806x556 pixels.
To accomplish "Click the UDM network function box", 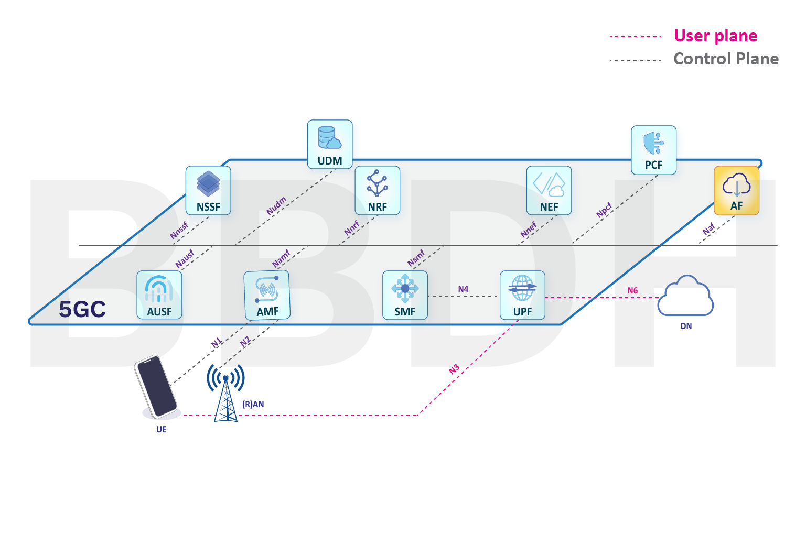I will point(329,144).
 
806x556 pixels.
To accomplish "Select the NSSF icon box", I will point(208,190).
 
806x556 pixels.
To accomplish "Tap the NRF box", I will point(377,190).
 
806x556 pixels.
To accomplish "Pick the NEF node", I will point(549,190).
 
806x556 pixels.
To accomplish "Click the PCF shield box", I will point(653,150).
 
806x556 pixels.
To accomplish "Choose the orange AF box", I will point(736,190).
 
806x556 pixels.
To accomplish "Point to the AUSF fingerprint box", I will point(159,295).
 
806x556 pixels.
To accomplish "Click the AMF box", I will point(267,295).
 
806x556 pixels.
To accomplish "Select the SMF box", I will point(405,295).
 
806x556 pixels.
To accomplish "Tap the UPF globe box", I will point(522,295).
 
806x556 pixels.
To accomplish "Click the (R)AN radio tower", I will point(226,393).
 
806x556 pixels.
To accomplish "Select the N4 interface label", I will point(463,289).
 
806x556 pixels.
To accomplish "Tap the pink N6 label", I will point(632,290).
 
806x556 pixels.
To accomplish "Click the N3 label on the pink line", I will point(454,369).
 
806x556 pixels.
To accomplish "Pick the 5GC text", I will point(82,309).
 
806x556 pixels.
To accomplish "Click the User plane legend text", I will point(715,36).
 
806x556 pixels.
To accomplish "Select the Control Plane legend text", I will point(726,59).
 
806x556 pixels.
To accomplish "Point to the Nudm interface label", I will point(276,205).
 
